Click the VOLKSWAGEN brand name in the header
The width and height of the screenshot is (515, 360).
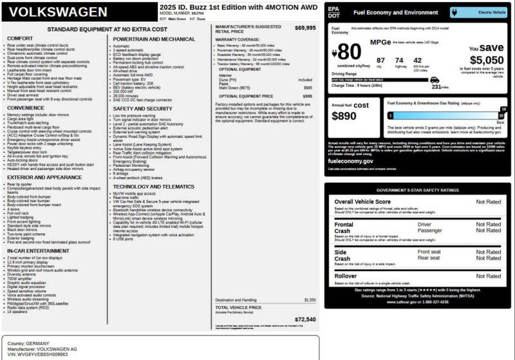pos(59,12)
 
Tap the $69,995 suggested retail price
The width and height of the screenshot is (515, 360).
pos(305,28)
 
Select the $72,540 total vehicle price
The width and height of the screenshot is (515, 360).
pos(305,319)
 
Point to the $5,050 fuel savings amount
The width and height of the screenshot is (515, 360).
pos(486,60)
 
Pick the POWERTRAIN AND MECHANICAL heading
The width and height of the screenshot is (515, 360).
pos(154,39)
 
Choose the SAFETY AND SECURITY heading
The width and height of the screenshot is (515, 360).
pos(142,109)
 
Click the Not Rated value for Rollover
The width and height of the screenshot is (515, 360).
pos(488,276)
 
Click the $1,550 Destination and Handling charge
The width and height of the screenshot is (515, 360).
pos(310,299)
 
